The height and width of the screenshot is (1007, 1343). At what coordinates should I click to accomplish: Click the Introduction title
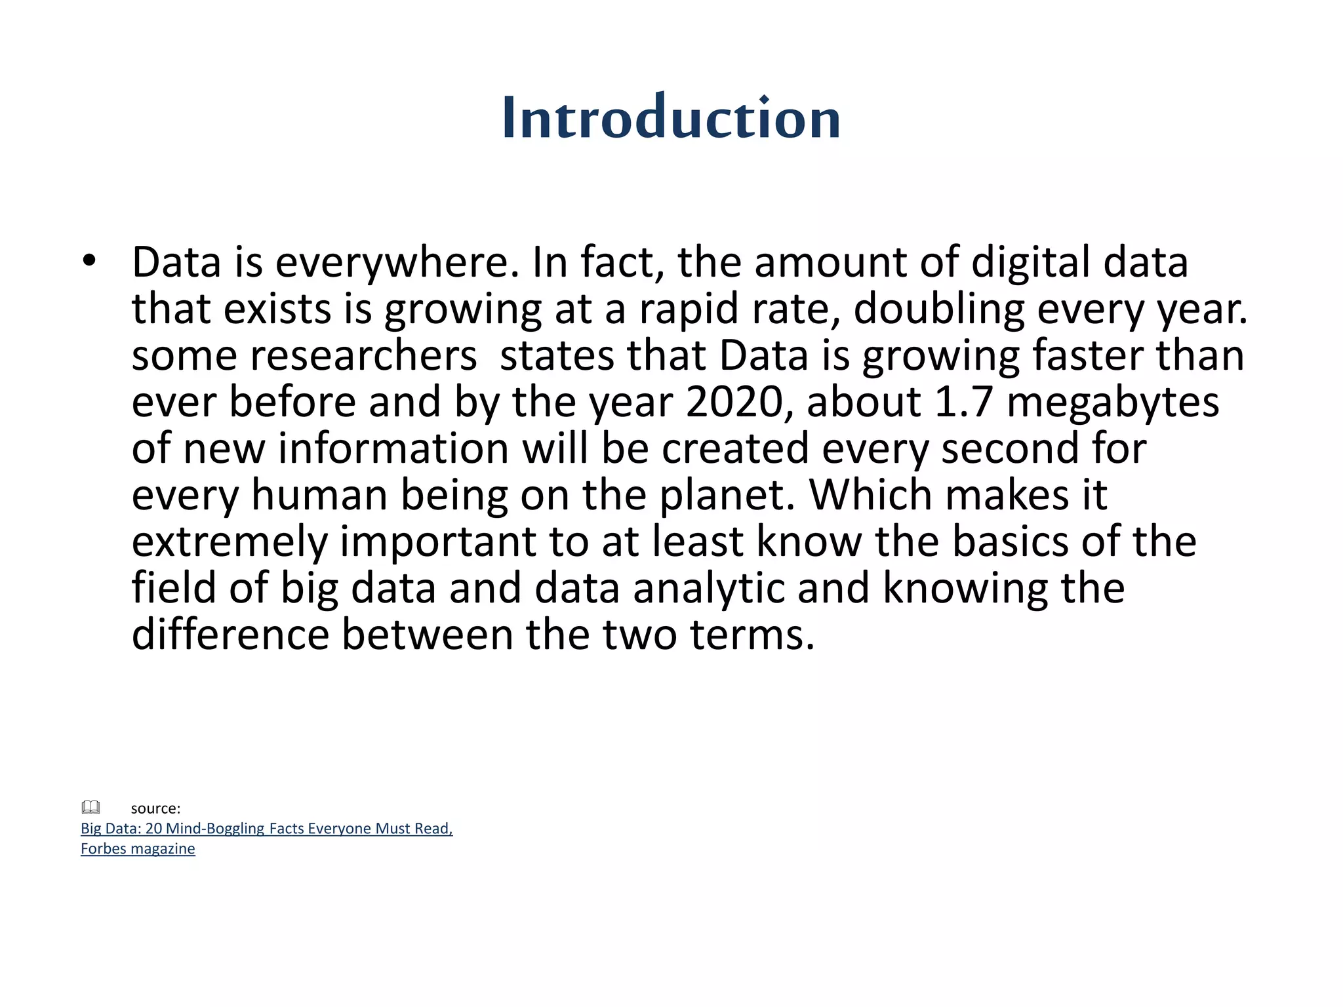671,118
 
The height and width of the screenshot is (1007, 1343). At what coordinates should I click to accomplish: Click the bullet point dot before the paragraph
89,262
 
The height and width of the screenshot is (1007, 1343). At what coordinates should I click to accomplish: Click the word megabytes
1113,402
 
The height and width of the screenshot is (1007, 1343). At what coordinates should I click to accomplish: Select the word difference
230,635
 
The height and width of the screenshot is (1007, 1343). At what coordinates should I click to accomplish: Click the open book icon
90,807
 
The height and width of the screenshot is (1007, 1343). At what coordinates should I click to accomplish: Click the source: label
155,808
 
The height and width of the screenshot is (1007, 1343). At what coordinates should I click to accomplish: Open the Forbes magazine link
138,849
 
